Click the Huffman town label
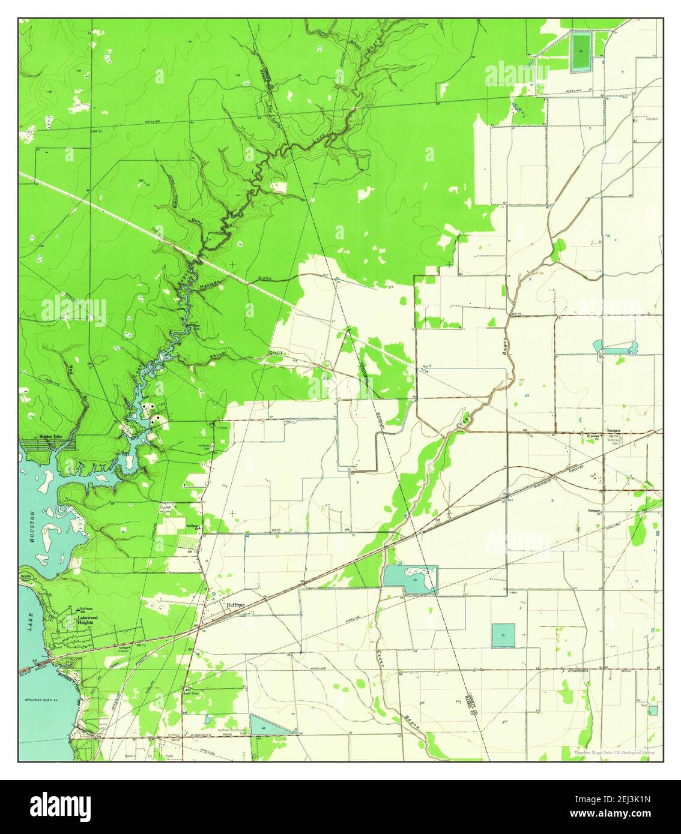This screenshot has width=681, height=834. point(235,605)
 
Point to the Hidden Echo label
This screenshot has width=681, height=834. point(50,436)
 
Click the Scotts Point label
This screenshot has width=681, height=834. point(26,578)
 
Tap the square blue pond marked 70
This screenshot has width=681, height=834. point(503,635)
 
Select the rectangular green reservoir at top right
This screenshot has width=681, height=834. point(580,52)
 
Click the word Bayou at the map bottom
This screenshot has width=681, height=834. point(415,726)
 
